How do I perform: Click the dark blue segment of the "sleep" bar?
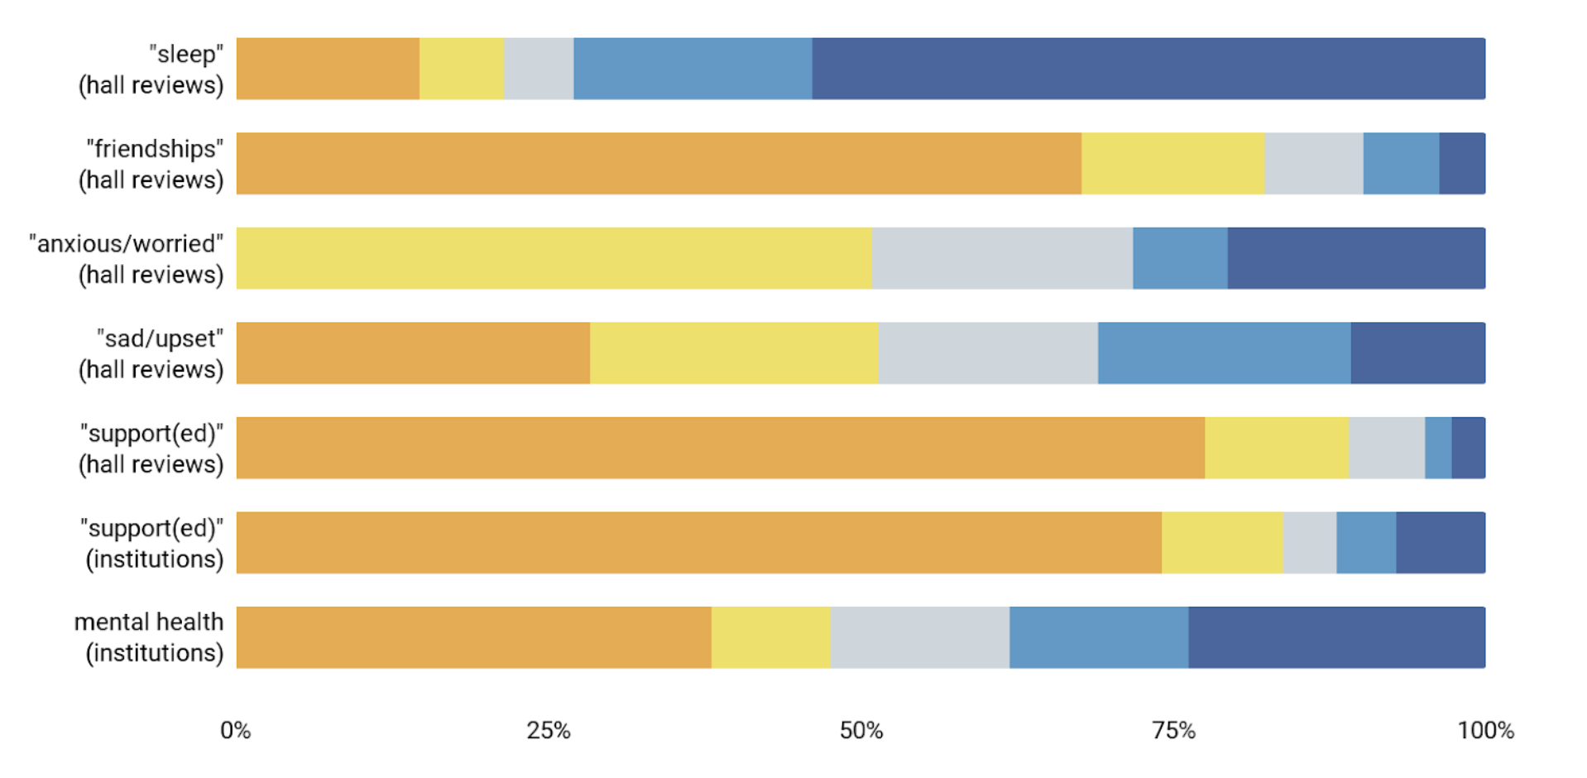coord(1148,69)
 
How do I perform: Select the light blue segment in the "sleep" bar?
coord(693,69)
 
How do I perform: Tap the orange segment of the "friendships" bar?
coord(659,164)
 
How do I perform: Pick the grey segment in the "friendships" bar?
coord(1313,164)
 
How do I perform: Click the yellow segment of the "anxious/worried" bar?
coord(554,258)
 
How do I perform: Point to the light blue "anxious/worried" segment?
coord(1180,258)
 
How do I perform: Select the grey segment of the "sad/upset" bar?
coord(988,353)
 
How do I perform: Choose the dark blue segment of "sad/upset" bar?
coord(1417,353)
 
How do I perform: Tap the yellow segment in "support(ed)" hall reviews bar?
coord(1276,448)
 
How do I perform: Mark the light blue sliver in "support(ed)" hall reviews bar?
coord(1438,448)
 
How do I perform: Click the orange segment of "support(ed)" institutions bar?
coord(698,543)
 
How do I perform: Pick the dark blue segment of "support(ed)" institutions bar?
coord(1440,543)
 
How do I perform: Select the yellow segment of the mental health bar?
coord(770,637)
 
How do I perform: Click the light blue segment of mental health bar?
coord(1098,637)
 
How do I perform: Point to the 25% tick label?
coord(549,731)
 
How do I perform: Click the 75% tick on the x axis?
coord(1173,731)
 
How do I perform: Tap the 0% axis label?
coord(236,731)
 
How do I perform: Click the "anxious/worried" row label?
coord(127,259)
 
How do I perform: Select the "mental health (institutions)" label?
coord(149,637)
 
